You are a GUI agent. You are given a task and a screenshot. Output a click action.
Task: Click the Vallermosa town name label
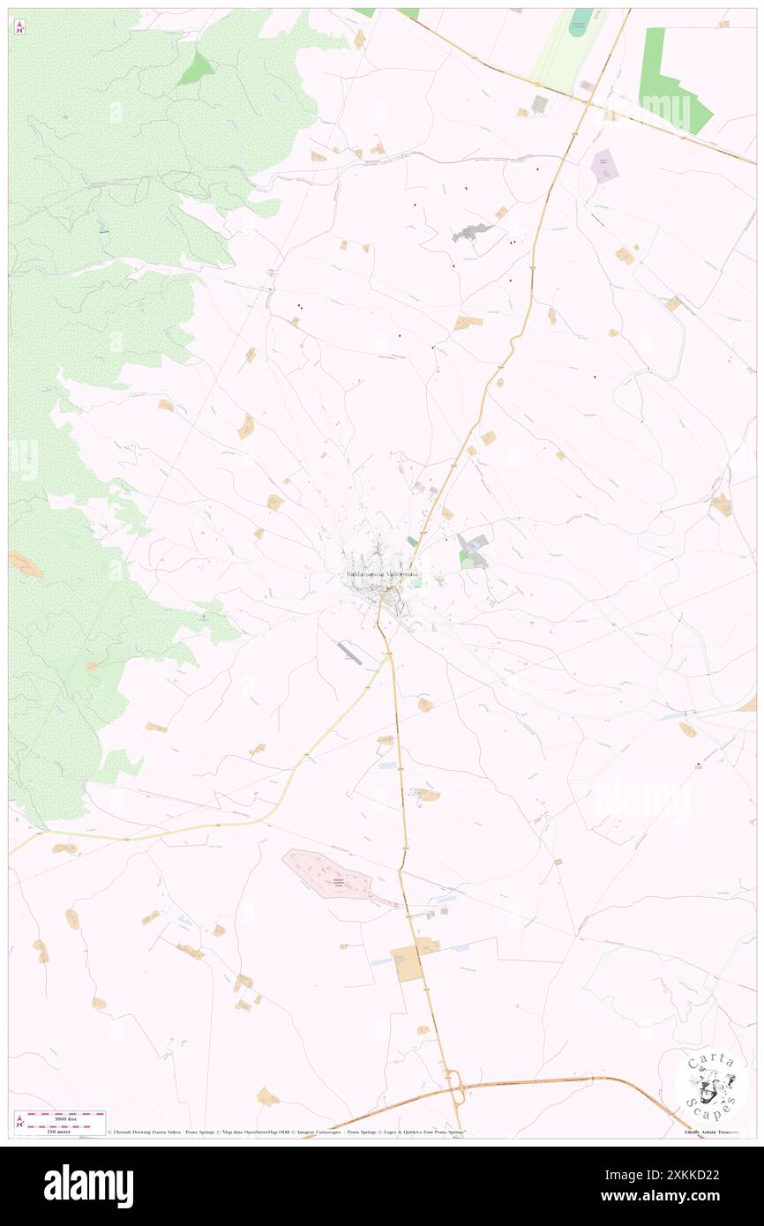[x=382, y=575]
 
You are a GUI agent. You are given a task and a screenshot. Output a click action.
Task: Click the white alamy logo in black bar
[x=88, y=1185]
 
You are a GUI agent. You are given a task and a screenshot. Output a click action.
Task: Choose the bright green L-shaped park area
[x=670, y=84]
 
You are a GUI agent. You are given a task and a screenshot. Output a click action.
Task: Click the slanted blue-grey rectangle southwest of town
[x=348, y=654]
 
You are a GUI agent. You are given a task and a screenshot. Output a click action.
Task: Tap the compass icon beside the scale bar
[x=20, y=1120]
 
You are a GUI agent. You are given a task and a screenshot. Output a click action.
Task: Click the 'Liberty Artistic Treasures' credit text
[x=715, y=1132]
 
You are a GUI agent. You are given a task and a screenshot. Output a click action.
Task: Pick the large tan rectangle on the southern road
[x=407, y=963]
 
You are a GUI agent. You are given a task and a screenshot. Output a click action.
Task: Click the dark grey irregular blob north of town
[x=473, y=232]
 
